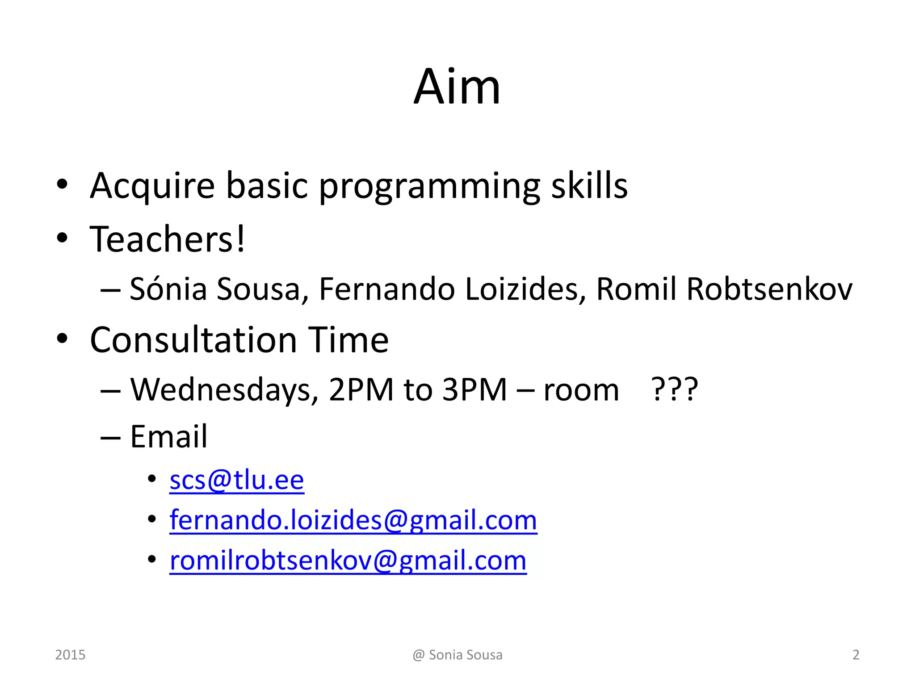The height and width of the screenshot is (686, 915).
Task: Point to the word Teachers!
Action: pos(168,239)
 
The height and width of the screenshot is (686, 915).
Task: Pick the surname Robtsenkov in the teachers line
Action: pos(769,289)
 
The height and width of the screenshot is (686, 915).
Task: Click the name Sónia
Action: pos(168,289)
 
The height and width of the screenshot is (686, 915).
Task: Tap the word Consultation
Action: pos(193,340)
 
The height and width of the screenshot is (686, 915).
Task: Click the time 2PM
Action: pos(361,390)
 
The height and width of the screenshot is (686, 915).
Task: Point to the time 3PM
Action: pos(474,390)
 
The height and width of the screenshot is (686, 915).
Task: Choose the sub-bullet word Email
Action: pos(168,436)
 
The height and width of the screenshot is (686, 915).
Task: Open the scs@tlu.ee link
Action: pos(237,481)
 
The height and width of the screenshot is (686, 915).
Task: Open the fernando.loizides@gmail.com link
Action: pos(353,520)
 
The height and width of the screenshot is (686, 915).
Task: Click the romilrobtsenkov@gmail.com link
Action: pos(348,561)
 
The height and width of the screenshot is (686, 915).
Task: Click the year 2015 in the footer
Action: pos(70,655)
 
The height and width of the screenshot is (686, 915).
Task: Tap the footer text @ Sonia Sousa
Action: pos(457,655)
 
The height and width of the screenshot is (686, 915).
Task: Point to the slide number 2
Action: pos(856,655)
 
